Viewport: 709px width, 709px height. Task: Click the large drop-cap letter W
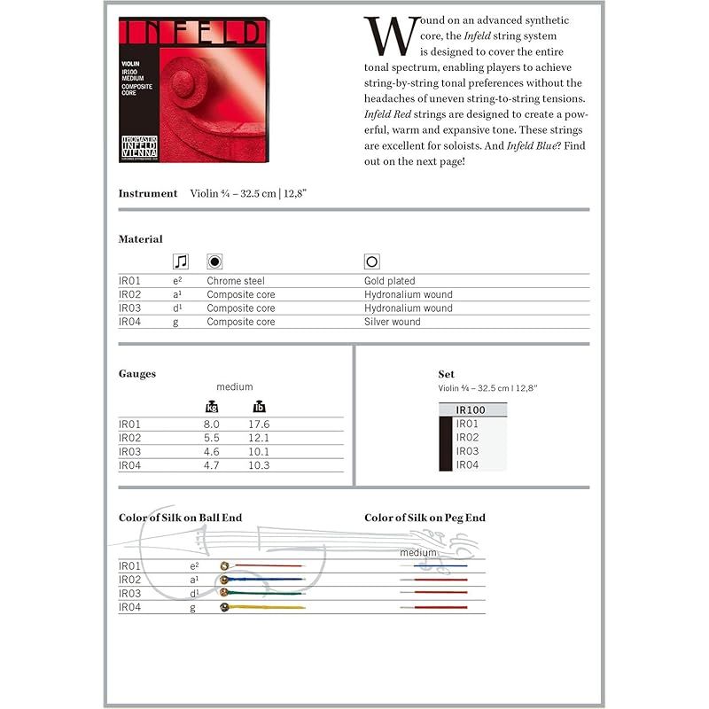click(x=389, y=35)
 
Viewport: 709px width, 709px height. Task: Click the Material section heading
click(x=141, y=239)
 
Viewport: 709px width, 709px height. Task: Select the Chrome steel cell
click(x=236, y=281)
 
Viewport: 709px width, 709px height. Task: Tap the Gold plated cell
click(x=390, y=281)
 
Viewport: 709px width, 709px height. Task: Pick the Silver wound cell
click(x=393, y=322)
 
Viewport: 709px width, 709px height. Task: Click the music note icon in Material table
click(x=181, y=261)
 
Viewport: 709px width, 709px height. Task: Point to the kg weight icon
click(x=212, y=407)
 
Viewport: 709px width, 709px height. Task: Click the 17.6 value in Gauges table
click(x=260, y=425)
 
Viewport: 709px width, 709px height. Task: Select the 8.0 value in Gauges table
click(x=212, y=425)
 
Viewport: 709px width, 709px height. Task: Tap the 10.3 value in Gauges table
click(x=260, y=465)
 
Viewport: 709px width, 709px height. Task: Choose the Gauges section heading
click(x=137, y=374)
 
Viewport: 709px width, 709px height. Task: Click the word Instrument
click(x=148, y=193)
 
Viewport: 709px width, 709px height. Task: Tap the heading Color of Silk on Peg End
click(x=425, y=518)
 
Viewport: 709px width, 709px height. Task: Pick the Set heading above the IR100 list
click(x=446, y=374)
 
